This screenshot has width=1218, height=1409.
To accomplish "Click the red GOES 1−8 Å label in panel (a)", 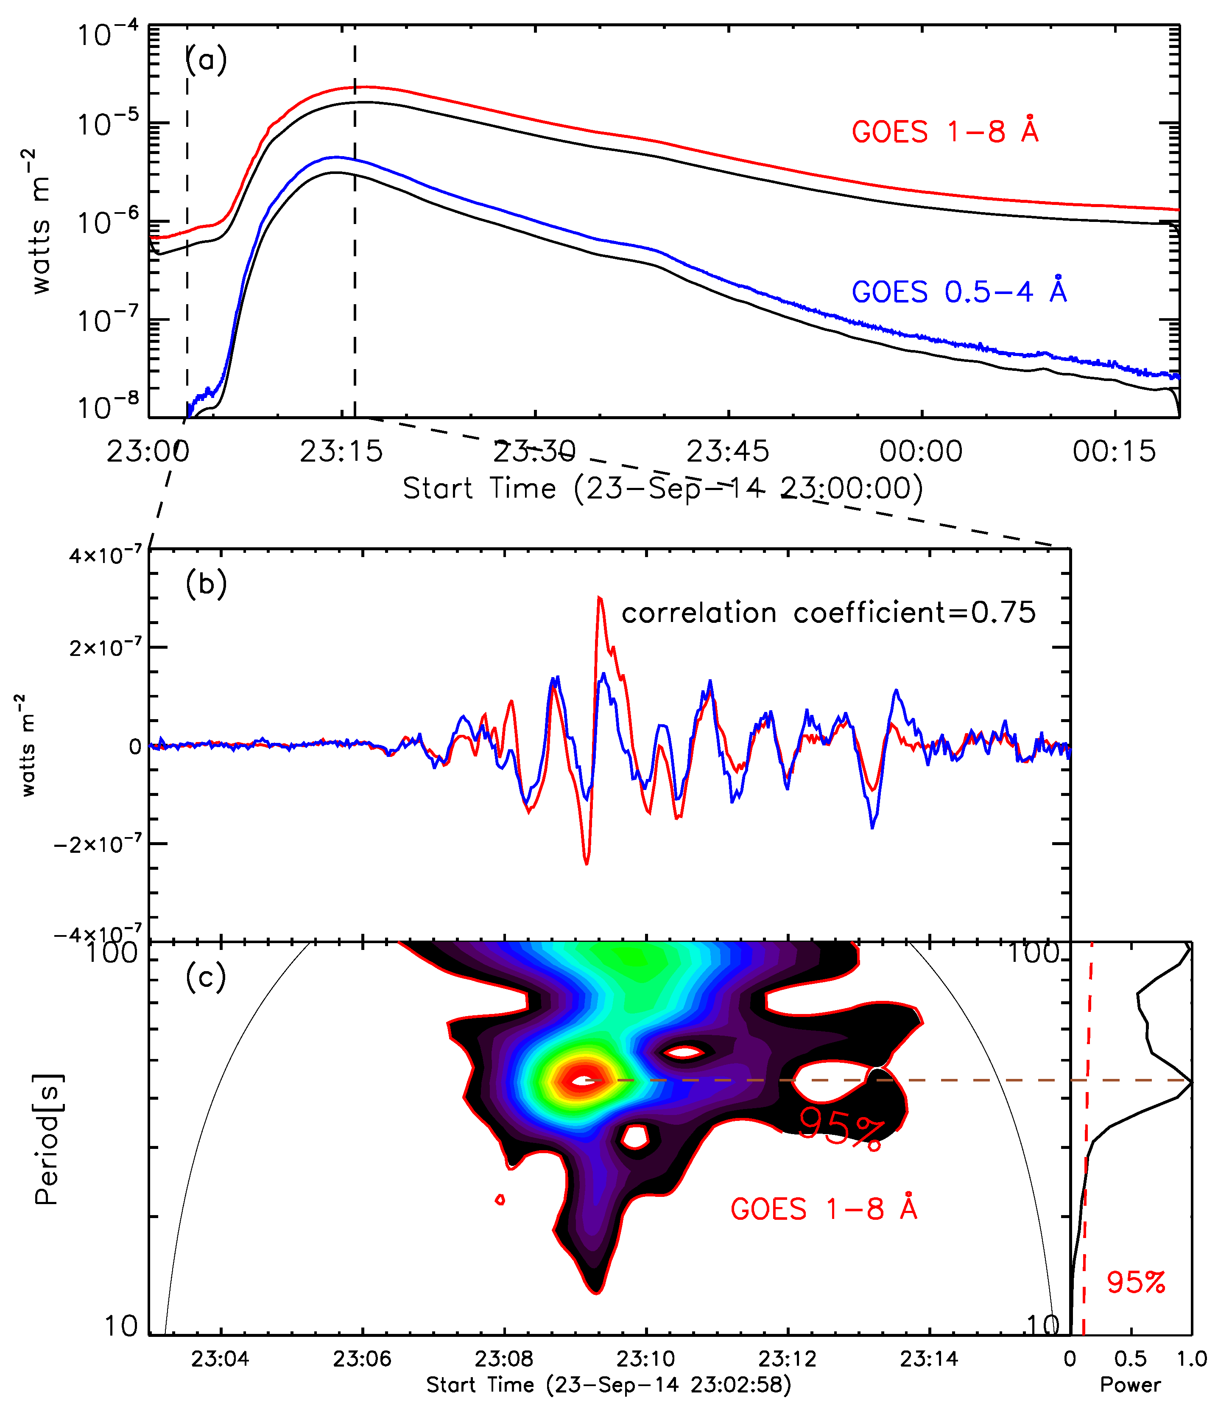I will click(x=945, y=131).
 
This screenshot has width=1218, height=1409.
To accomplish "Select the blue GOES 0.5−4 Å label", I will click(x=959, y=292).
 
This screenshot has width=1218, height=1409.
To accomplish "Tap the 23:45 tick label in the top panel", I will click(x=727, y=451).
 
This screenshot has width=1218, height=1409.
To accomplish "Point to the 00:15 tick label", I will click(x=1114, y=451).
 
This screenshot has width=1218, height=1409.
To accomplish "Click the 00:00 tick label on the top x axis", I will click(x=921, y=451).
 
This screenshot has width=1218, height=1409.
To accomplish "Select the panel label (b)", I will click(x=206, y=583).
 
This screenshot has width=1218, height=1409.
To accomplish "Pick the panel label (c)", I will click(x=206, y=977).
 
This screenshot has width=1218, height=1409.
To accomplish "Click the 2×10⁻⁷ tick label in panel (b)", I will click(x=105, y=647).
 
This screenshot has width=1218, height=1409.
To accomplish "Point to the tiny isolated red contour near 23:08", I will click(x=500, y=1199).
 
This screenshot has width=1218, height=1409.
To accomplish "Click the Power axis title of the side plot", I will click(x=1130, y=1384).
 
